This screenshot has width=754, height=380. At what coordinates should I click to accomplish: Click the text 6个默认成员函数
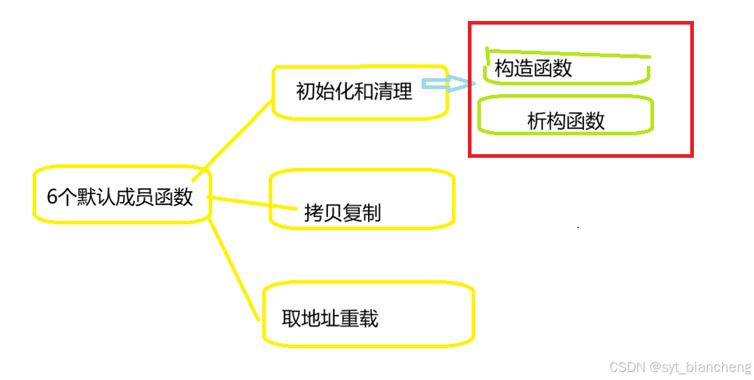(120, 197)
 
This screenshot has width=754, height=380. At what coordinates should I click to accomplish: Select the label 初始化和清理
(354, 91)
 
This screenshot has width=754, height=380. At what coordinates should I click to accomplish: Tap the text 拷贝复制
(343, 213)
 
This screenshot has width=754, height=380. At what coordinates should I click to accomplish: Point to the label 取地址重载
(330, 318)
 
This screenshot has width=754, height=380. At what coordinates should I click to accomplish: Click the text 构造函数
(534, 68)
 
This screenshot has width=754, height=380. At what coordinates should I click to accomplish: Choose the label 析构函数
(566, 121)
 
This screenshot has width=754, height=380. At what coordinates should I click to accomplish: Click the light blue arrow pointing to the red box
(448, 85)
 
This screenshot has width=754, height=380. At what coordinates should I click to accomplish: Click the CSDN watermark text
(627, 368)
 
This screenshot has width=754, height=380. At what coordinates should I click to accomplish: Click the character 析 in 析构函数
(537, 121)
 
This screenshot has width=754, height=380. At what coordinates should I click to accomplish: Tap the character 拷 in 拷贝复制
(314, 213)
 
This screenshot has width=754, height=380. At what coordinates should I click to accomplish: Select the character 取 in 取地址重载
(291, 318)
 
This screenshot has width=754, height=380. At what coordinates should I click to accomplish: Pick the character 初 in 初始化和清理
(306, 91)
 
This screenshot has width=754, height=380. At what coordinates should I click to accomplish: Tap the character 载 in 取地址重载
(369, 318)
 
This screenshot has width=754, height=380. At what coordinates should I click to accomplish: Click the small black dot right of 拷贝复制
(577, 227)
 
